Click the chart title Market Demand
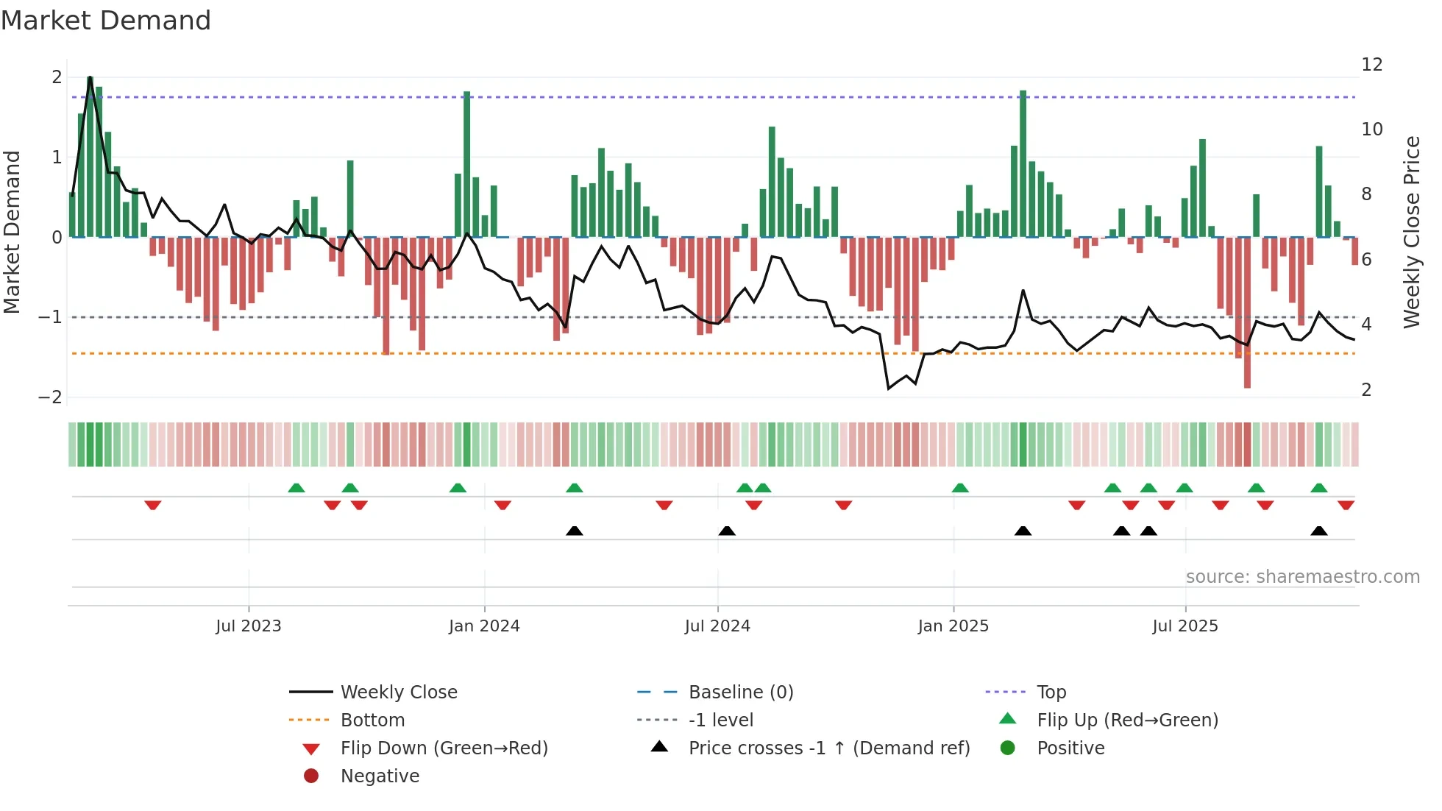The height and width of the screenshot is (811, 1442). [x=106, y=21]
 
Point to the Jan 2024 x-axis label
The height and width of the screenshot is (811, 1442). [x=484, y=626]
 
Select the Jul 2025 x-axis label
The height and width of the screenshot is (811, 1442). [x=1184, y=626]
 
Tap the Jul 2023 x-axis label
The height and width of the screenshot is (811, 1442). [x=249, y=626]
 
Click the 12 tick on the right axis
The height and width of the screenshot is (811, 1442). [x=1371, y=65]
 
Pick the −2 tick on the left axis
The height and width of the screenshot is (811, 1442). [x=50, y=397]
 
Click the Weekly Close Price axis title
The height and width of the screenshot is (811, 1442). [x=1411, y=232]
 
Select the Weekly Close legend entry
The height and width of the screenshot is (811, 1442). [x=398, y=692]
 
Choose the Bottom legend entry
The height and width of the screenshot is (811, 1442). [x=372, y=720]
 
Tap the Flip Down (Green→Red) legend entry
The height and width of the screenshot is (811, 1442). [x=444, y=748]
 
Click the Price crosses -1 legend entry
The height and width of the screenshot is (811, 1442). [x=828, y=748]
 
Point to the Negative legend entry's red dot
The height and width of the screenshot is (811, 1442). [x=311, y=776]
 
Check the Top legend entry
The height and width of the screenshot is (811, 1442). [x=1051, y=692]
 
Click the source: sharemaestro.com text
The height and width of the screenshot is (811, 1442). [x=1302, y=576]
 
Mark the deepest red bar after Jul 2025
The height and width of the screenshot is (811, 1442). [x=1247, y=313]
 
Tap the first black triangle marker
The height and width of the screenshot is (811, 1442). [x=575, y=531]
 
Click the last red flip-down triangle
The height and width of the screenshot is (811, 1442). [x=1346, y=505]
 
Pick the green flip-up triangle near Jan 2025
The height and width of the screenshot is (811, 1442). [x=960, y=488]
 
